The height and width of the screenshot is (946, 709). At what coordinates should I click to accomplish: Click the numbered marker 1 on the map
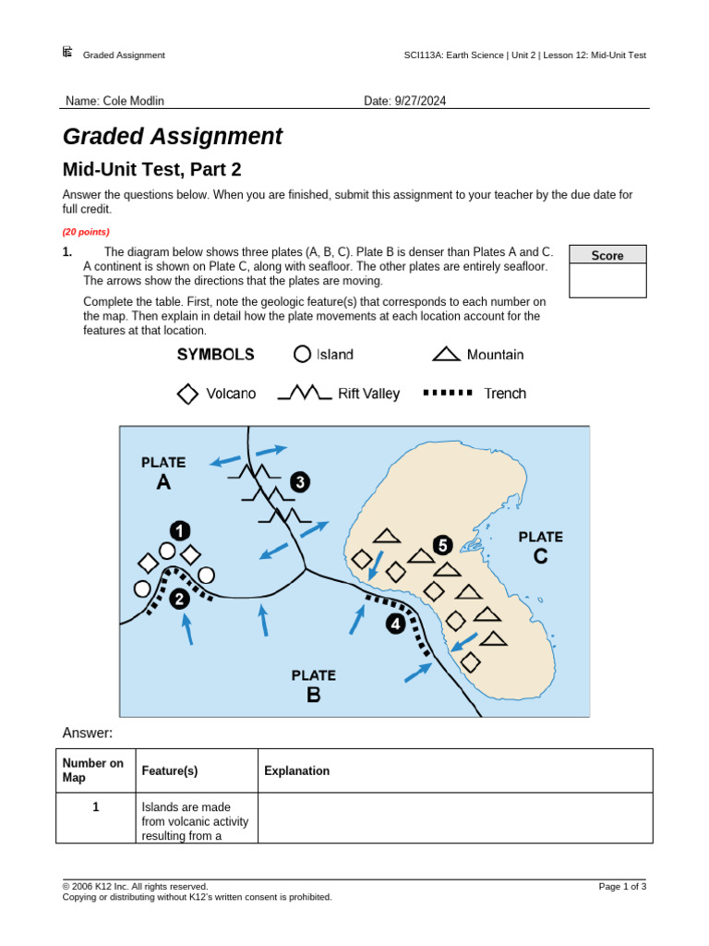coord(179,530)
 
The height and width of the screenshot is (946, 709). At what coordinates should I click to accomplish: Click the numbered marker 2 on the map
coord(178,599)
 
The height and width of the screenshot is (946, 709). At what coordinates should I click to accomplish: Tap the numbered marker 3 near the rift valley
coord(300,481)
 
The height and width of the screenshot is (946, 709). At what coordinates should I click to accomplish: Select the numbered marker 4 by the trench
coord(395,625)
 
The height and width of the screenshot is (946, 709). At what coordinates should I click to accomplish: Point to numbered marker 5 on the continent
coord(442,545)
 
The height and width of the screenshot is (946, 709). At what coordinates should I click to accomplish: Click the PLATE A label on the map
coord(163,472)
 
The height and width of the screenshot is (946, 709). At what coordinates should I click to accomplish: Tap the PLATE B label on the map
coord(314,685)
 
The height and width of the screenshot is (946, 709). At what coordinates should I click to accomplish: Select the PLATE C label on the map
coord(540,546)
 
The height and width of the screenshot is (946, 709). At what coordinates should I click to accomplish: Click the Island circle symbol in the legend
coord(302,355)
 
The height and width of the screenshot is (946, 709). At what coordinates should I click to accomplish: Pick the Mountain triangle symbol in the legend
coord(446,354)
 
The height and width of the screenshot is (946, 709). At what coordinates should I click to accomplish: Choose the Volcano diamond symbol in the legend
coord(187,394)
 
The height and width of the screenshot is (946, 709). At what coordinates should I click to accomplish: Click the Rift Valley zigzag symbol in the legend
coord(305,394)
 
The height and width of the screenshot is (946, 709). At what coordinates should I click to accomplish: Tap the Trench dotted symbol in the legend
coord(448,393)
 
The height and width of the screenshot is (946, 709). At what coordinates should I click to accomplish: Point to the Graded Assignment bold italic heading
coord(173,137)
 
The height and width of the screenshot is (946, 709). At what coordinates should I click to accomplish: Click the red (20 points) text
coord(86,232)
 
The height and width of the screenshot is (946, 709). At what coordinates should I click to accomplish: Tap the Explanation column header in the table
coord(296,770)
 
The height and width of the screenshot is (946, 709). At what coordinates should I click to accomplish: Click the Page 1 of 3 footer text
coord(622,887)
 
